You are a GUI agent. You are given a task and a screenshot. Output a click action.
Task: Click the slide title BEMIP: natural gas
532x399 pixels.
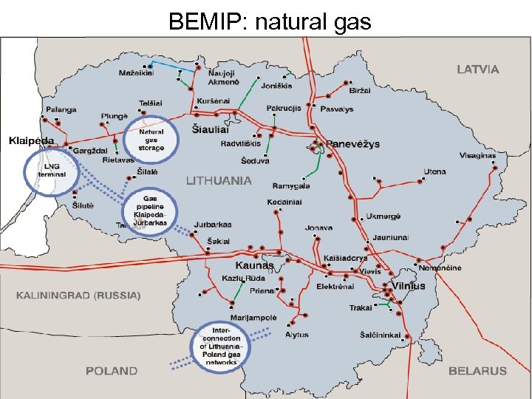click(x=269, y=21)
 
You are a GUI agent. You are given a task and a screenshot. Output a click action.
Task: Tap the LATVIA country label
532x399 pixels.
click(x=477, y=69)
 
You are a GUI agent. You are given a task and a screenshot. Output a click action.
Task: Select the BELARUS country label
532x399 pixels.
click(x=477, y=371)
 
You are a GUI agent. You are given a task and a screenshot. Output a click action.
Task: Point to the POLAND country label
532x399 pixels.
click(x=111, y=371)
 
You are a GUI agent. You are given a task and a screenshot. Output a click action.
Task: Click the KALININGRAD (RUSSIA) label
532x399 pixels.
click(x=78, y=296)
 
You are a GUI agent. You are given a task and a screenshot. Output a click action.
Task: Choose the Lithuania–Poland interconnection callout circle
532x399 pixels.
click(x=222, y=346)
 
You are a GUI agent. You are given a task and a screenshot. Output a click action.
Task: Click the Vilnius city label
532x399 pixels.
click(x=409, y=286)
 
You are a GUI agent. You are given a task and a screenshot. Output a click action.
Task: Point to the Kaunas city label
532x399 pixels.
click(x=254, y=265)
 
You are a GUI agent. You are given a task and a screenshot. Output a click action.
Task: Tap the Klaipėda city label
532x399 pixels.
click(x=32, y=140)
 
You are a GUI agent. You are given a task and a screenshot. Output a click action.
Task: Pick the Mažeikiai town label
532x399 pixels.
click(x=136, y=73)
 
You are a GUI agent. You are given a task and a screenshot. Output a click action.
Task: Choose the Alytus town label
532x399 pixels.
click(x=296, y=335)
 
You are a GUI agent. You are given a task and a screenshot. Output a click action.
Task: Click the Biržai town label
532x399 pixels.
click(x=360, y=89)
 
